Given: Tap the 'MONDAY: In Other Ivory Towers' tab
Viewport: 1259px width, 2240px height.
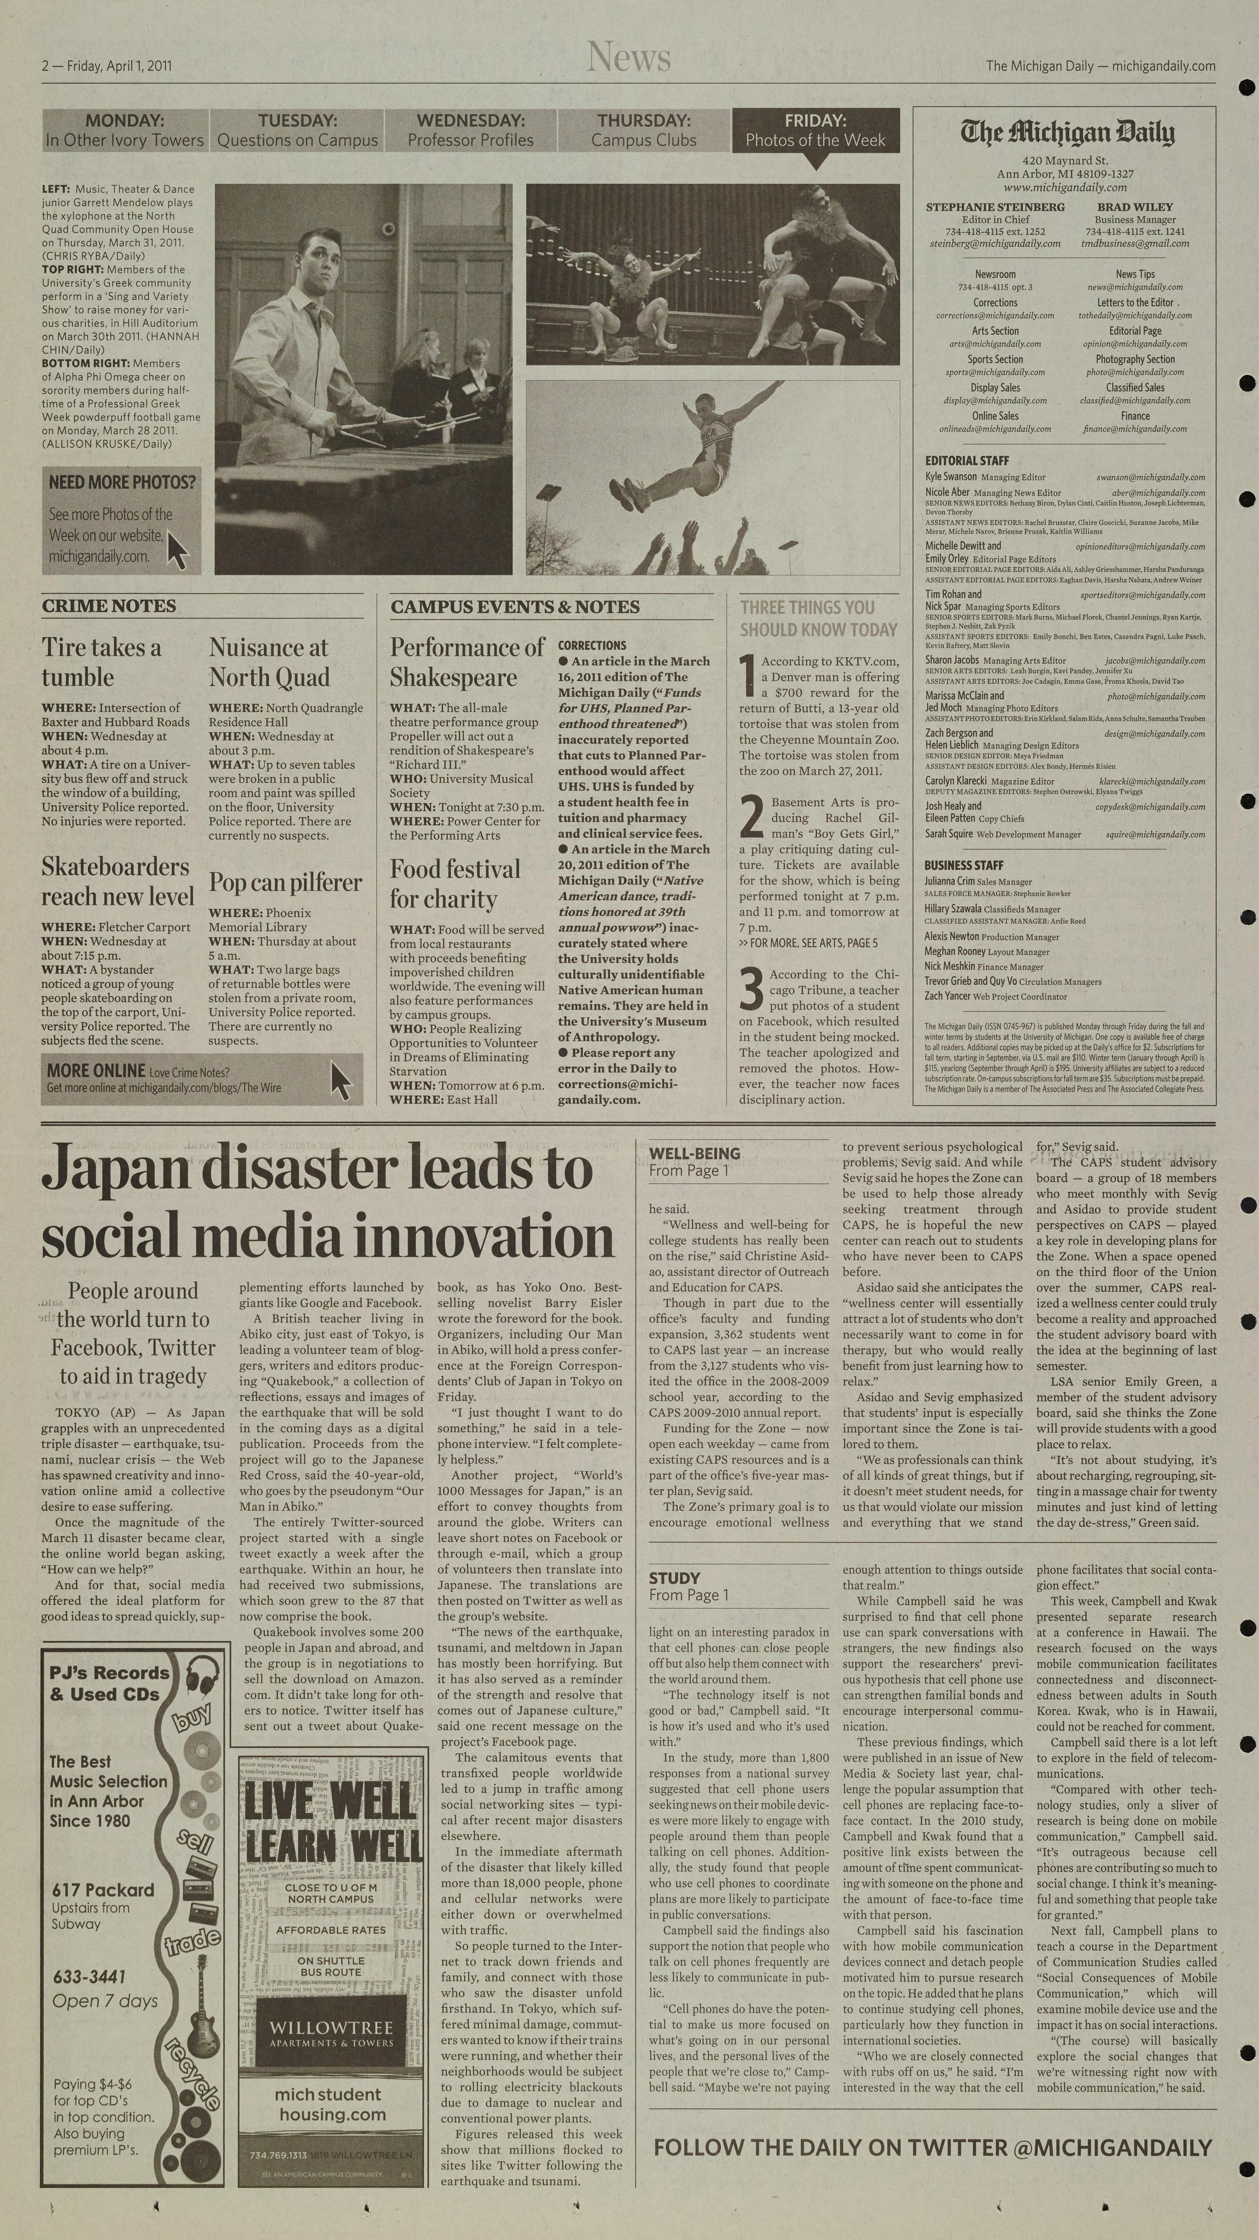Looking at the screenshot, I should point(124,130).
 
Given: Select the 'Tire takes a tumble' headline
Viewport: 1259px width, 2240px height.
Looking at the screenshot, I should point(102,662).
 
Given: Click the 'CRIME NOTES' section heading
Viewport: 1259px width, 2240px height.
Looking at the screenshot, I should point(109,606).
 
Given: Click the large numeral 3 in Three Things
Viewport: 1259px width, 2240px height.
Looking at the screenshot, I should point(750,990).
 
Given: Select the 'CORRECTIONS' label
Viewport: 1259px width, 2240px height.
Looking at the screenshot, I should point(592,645).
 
